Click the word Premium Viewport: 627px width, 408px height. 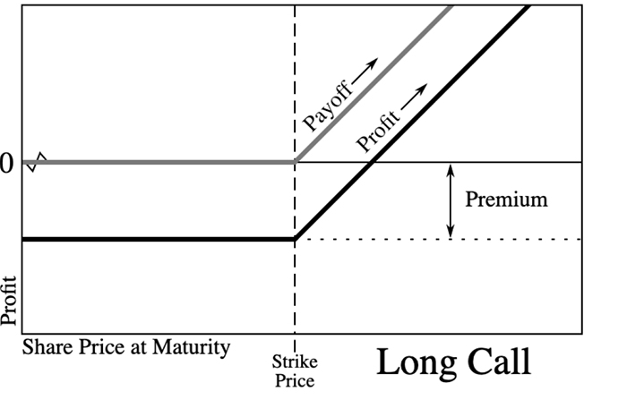506,199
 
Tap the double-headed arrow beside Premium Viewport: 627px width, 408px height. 451,200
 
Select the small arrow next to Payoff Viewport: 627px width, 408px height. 365,71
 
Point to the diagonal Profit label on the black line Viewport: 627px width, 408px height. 377,131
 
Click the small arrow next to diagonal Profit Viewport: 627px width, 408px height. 414,97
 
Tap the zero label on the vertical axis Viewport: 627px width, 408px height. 5,164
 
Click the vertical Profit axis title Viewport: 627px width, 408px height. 8,301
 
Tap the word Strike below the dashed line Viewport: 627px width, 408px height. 295,362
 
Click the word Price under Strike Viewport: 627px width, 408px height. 295,380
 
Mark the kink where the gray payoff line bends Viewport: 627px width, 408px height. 295,162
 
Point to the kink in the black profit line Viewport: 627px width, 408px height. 295,239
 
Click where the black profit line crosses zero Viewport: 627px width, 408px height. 373,162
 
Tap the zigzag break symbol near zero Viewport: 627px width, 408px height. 36,162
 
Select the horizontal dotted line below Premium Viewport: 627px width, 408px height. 439,240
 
